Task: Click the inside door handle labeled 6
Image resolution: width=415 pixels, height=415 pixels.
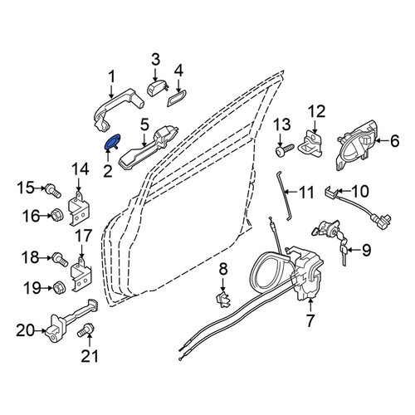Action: pos(356,147)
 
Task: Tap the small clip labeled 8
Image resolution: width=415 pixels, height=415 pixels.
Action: pos(223,300)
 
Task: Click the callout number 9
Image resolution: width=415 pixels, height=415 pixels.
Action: pos(366,251)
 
